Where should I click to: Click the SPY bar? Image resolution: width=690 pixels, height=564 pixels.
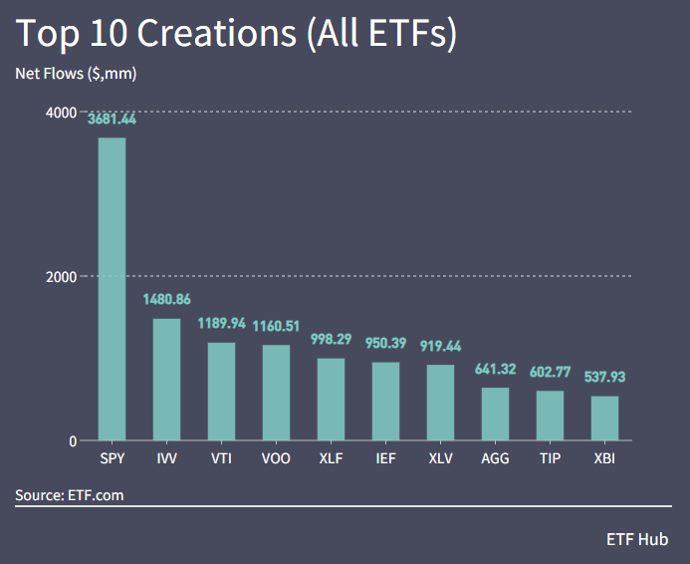tap(112, 289)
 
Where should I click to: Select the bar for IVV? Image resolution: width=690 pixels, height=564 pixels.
tap(166, 380)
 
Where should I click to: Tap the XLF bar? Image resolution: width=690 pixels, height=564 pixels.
tap(331, 400)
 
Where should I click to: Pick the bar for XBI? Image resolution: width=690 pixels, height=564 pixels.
tap(604, 419)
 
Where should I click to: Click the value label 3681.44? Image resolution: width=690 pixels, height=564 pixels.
tap(112, 119)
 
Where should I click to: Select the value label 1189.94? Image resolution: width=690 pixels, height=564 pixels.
tap(221, 324)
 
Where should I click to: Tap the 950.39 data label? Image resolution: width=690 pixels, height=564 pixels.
tap(385, 343)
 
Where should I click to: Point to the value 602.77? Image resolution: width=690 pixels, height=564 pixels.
tap(550, 372)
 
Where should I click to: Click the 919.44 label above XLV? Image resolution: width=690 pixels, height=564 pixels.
tap(440, 346)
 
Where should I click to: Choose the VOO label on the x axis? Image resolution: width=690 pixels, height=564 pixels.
tap(276, 460)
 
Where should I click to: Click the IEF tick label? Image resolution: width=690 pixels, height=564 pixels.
tap(385, 460)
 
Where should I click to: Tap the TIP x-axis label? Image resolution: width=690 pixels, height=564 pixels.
tap(550, 460)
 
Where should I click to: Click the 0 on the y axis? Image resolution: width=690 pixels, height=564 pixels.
tap(73, 441)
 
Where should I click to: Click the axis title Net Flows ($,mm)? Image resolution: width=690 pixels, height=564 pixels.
tap(76, 74)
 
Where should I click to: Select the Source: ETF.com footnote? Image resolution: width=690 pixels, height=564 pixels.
tap(70, 494)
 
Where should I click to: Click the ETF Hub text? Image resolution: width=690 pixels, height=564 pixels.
tap(637, 539)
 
